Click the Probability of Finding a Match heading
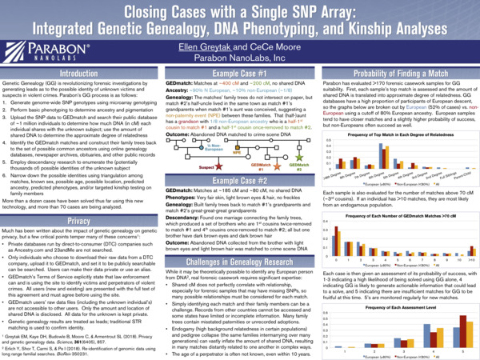click(398, 73)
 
